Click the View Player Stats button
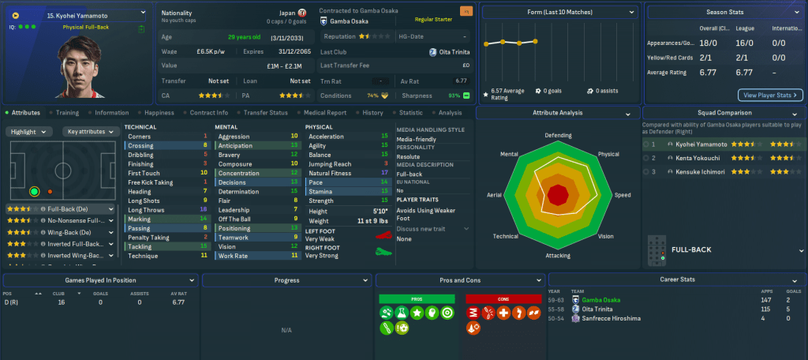pos(770,96)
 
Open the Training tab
pos(67,113)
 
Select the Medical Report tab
pos(326,113)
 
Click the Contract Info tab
pos(208,113)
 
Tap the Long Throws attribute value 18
pos(204,210)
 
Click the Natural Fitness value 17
pos(384,173)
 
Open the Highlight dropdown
pos(30,132)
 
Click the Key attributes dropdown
pos(89,132)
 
